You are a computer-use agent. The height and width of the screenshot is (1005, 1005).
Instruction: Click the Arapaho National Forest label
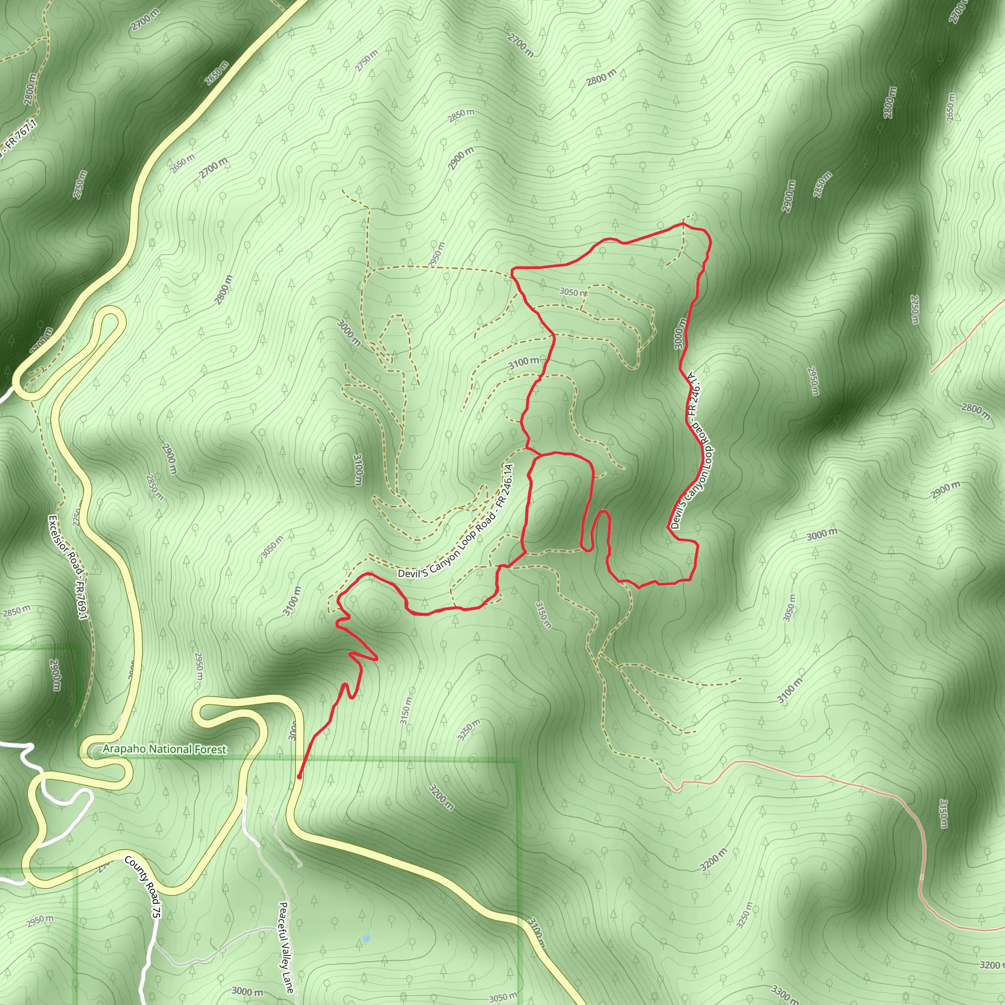164,749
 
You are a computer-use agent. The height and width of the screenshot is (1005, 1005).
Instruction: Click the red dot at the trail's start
299,777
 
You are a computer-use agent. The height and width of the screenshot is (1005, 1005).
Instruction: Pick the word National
167,749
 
